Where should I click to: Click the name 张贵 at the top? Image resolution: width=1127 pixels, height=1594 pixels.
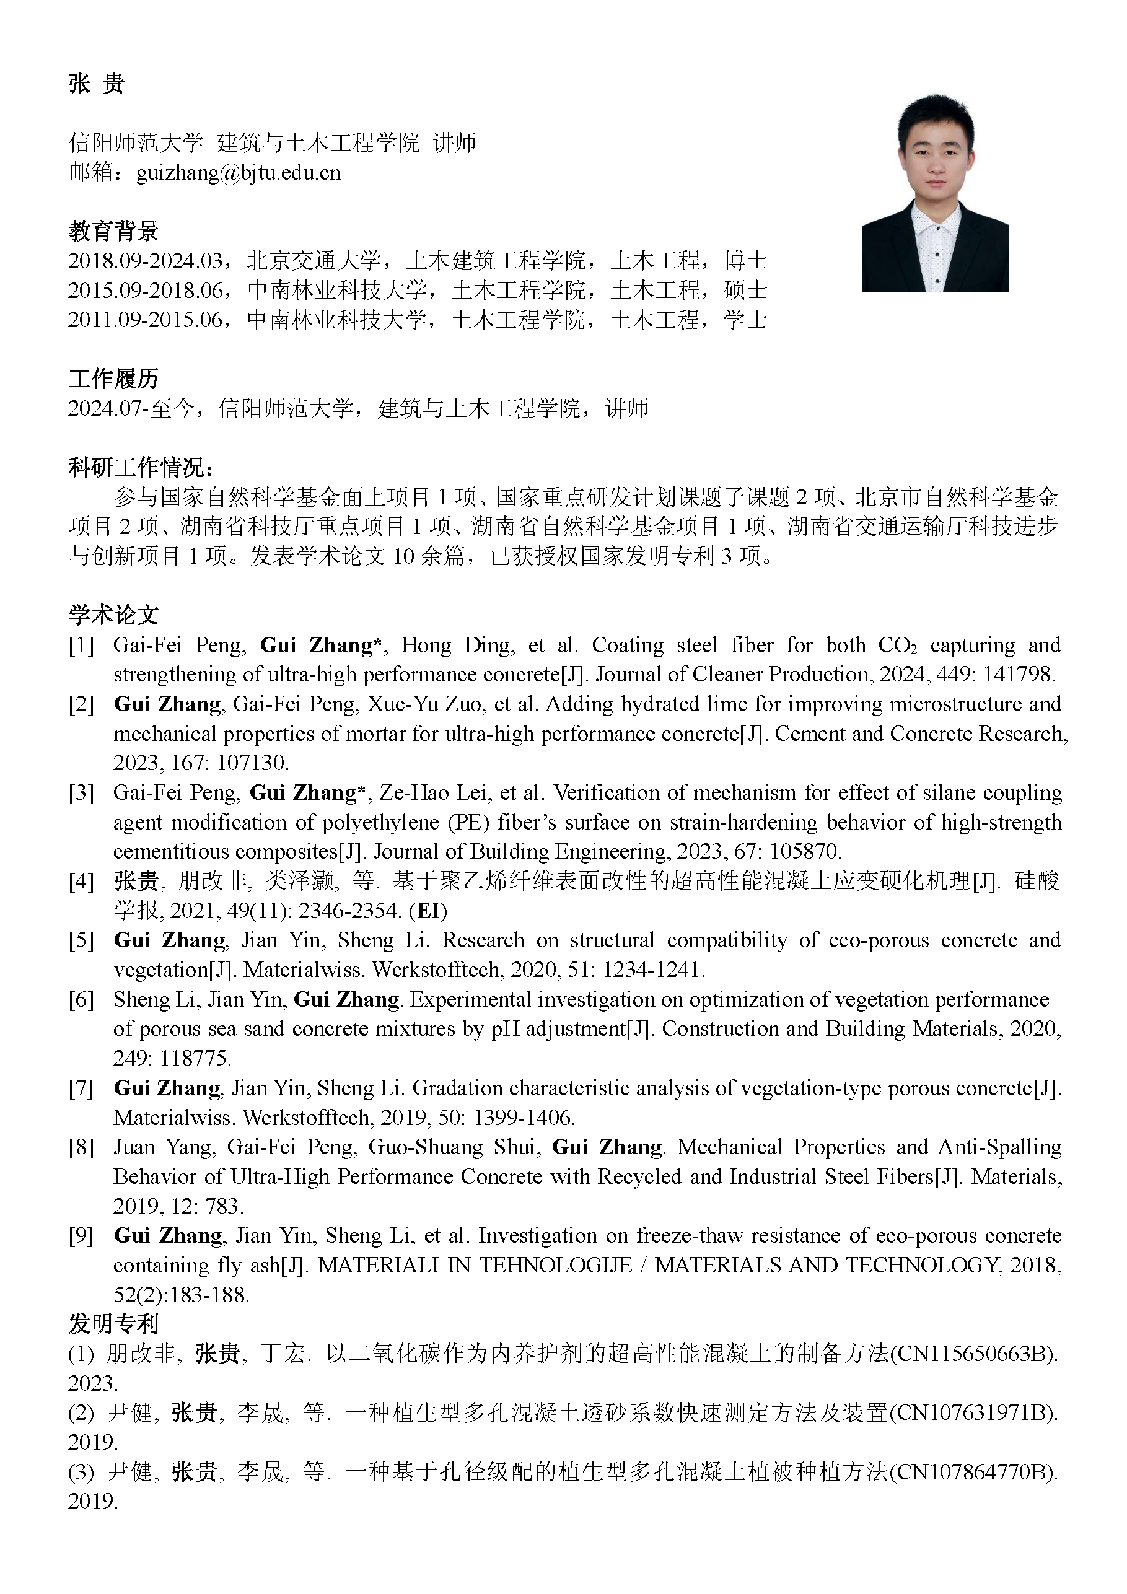[97, 84]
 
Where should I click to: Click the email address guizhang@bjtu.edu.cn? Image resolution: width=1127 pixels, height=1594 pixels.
[238, 172]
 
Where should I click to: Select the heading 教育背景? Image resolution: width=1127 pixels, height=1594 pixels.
[113, 230]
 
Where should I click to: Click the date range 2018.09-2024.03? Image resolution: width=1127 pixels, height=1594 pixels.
[145, 261]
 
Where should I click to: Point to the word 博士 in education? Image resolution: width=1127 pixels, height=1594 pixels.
[745, 261]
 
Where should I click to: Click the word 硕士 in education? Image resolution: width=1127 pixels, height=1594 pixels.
[745, 290]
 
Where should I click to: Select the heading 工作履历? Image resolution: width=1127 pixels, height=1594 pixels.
[113, 379]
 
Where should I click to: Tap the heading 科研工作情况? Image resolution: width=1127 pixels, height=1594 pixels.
[141, 467]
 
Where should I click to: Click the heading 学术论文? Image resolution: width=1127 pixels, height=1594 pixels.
[113, 615]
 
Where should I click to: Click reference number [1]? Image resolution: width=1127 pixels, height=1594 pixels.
[81, 646]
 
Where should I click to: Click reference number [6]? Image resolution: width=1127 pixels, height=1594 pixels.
[81, 1000]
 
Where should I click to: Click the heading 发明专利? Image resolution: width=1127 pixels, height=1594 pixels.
[113, 1324]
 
